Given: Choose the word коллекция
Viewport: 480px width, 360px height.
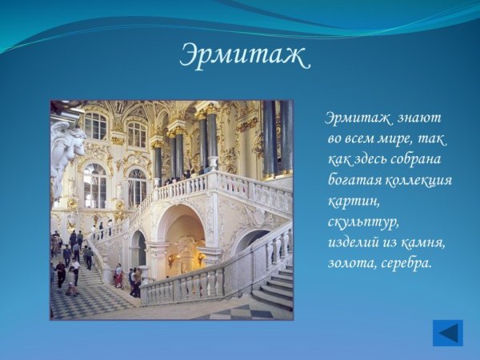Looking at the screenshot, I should (418, 179).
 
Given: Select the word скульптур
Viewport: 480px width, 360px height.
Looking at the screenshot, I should (362, 221).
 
